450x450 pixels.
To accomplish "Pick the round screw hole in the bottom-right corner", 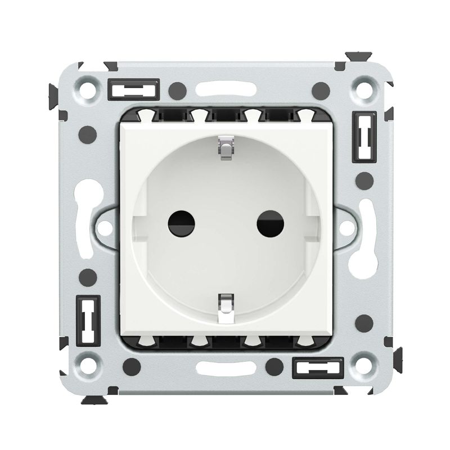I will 360,363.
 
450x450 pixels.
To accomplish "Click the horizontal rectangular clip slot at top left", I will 133,89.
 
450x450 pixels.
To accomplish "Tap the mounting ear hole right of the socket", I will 345,228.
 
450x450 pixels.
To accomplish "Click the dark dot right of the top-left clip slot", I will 178,89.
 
